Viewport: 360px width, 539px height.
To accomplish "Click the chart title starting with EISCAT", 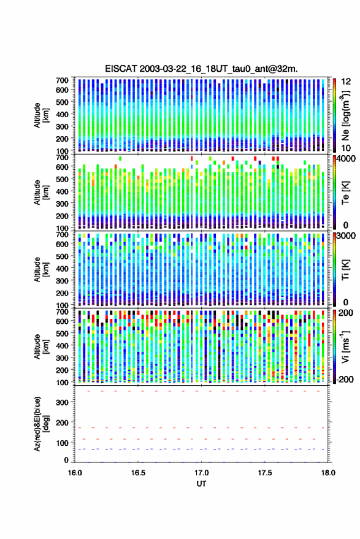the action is (x=201, y=69).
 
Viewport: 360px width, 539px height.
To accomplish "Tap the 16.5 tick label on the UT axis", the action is (x=138, y=473).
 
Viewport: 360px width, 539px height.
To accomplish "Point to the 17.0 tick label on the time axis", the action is (x=201, y=473).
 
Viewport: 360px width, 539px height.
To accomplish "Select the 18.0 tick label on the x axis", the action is (x=328, y=473).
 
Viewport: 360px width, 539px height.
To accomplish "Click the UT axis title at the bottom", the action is (x=201, y=484).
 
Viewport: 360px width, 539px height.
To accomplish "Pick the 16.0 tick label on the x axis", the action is (x=75, y=473).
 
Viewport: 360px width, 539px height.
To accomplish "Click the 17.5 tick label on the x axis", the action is (x=265, y=473).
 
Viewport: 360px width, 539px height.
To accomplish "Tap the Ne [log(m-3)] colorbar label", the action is (x=345, y=116).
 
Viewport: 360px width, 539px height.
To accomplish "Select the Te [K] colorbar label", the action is (x=345, y=193).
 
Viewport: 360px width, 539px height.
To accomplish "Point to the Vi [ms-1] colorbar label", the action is (x=345, y=346).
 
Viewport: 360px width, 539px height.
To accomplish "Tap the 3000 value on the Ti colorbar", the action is (x=347, y=236).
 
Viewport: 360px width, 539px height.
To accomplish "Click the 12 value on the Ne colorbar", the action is (x=346, y=82).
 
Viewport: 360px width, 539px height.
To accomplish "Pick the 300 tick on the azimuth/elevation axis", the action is (x=62, y=402).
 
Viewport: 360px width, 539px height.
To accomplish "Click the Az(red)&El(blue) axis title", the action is (x=41, y=424).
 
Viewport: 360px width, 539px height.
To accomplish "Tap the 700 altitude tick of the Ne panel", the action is (x=62, y=80).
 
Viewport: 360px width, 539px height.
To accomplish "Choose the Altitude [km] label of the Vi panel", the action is (x=41, y=346).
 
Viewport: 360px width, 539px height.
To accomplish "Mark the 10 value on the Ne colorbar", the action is (x=346, y=148).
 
